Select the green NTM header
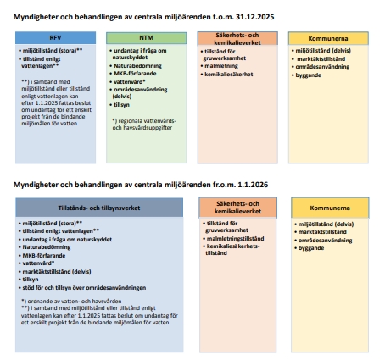pyautogui.click(x=146, y=38)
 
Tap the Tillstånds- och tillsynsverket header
pyautogui.click(x=99, y=208)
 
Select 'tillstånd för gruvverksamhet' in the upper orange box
pyautogui.click(x=232, y=55)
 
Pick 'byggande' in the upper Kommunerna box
pyautogui.click(x=308, y=75)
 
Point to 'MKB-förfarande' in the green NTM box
pyautogui.click(x=138, y=75)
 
